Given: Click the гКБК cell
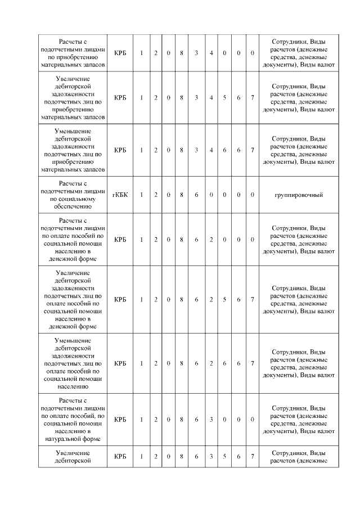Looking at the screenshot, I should (x=120, y=195).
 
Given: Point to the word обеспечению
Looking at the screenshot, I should (x=74, y=206).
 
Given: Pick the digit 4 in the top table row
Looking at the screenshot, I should (x=211, y=53).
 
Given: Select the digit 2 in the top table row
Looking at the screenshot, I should (x=156, y=53).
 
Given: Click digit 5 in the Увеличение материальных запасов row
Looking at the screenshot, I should (x=225, y=98).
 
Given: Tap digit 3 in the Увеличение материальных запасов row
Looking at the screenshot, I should (x=197, y=98).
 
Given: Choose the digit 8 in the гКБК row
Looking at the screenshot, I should (x=182, y=195).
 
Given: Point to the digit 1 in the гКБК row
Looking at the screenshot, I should (x=142, y=195).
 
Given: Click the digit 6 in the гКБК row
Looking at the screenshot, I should (x=197, y=195).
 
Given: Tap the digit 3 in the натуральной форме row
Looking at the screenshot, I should (x=211, y=419).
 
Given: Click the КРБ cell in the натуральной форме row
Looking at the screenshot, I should (x=120, y=419).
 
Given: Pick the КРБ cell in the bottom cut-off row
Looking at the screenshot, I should (x=120, y=456).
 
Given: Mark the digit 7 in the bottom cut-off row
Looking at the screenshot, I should (x=253, y=456).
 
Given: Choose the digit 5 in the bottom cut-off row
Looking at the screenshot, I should (x=225, y=456).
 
